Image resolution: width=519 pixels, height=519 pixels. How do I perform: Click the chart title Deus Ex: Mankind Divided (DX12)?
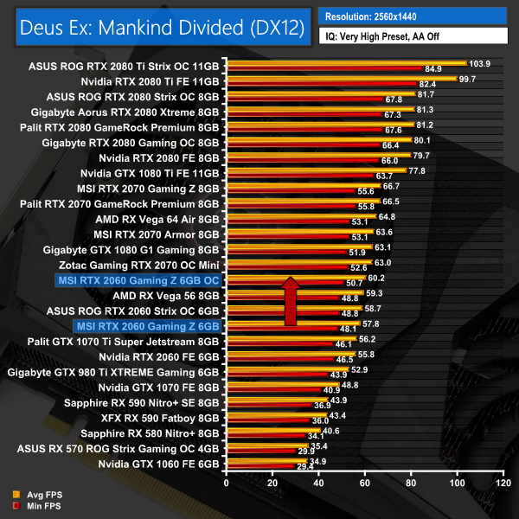(x=158, y=28)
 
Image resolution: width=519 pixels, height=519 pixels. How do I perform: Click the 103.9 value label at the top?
(x=478, y=63)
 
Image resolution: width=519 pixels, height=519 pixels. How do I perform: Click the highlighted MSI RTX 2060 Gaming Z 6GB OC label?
(x=138, y=280)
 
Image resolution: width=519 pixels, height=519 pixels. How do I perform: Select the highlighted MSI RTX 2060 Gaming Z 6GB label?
(x=148, y=326)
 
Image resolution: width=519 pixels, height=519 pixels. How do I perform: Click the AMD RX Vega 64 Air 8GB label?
(x=159, y=218)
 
